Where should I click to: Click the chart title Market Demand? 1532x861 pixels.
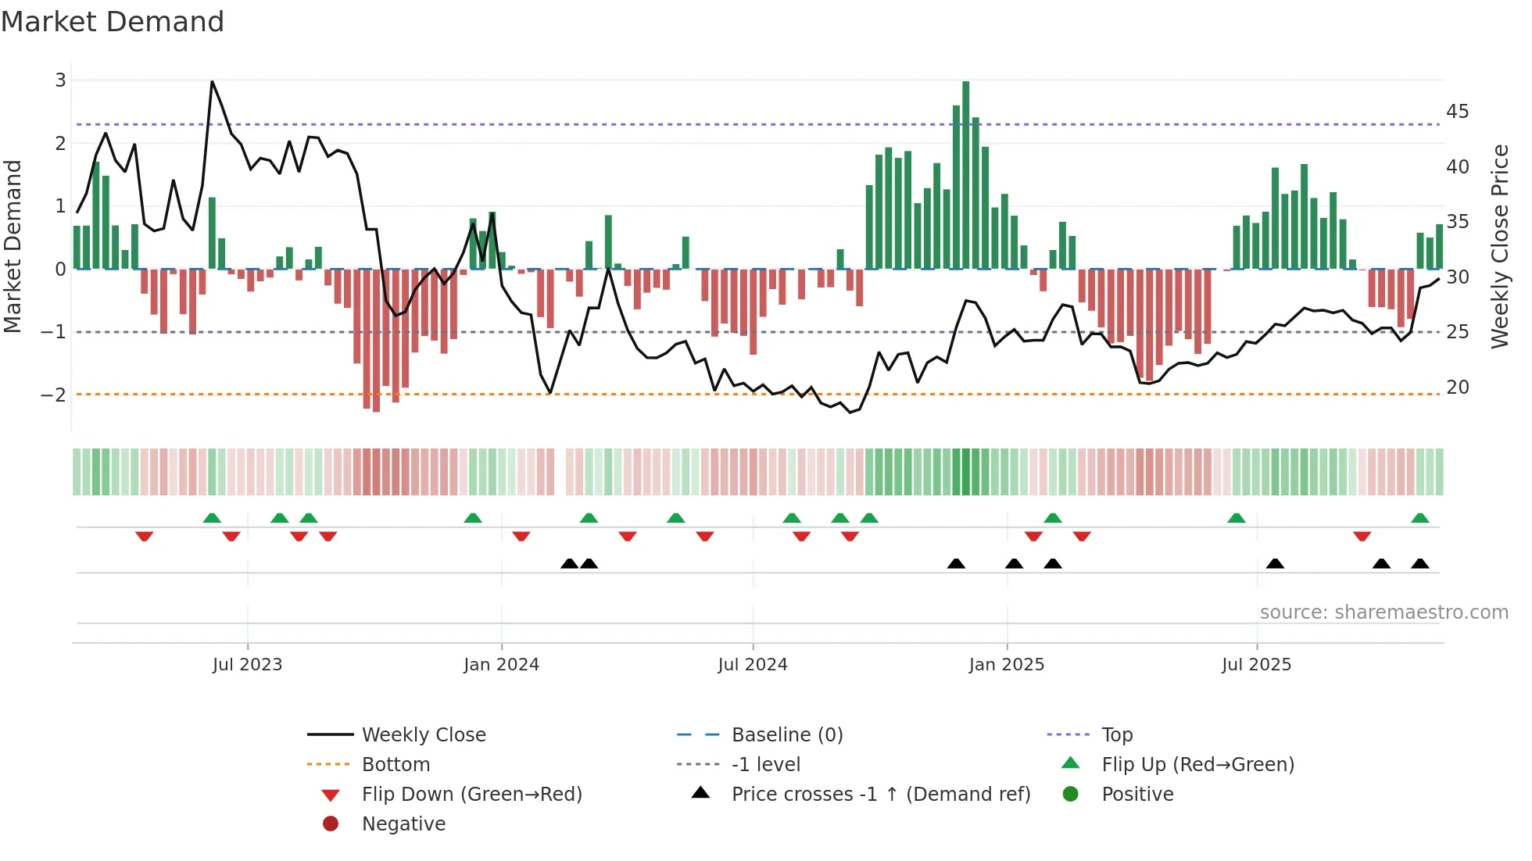click(x=113, y=22)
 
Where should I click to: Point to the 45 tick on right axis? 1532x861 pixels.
click(x=1457, y=112)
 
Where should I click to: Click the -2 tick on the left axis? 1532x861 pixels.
click(x=53, y=395)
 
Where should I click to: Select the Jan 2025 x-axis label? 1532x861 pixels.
click(x=1006, y=665)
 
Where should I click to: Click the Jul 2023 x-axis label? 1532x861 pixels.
click(x=247, y=665)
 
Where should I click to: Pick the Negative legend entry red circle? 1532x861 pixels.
click(x=331, y=823)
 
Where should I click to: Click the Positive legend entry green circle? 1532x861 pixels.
click(x=1071, y=794)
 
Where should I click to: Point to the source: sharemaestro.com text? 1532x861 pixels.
click(x=1383, y=612)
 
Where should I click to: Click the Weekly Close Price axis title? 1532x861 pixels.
click(x=1499, y=246)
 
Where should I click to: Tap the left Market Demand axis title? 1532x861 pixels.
click(x=13, y=246)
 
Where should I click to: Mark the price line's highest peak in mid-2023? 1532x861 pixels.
click(x=213, y=82)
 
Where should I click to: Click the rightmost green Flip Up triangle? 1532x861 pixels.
click(x=1420, y=518)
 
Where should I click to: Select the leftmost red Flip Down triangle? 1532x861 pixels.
click(x=144, y=536)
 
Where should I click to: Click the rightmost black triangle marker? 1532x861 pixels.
click(x=1420, y=563)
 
